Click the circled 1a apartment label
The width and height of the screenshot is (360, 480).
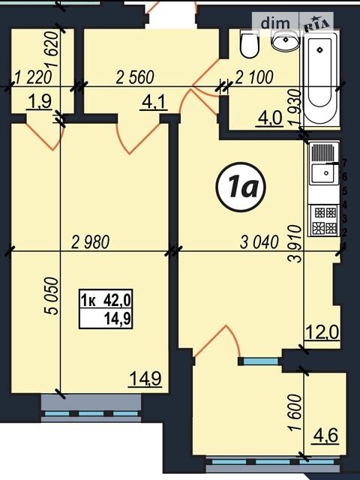[241, 187]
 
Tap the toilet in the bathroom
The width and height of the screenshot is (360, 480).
[249, 43]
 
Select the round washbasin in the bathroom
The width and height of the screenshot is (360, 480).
[286, 40]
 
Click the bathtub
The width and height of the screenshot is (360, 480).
[320, 79]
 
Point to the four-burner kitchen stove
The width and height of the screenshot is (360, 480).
[324, 220]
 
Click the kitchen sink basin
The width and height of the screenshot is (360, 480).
[325, 173]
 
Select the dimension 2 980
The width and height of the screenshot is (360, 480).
[90, 242]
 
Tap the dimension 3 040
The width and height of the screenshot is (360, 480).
[259, 242]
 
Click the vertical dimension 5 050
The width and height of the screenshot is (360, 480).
[51, 296]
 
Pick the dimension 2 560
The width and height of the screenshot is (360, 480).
[135, 77]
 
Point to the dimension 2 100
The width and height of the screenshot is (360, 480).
[253, 77]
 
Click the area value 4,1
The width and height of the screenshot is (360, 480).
[154, 103]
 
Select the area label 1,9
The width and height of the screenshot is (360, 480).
[39, 102]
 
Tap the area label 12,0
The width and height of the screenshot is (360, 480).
[322, 332]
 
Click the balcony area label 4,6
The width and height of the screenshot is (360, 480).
[325, 436]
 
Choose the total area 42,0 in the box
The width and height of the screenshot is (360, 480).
[118, 300]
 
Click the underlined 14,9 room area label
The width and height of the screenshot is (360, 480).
[145, 379]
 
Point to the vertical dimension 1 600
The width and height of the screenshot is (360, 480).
[295, 412]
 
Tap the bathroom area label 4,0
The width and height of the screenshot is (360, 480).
[270, 118]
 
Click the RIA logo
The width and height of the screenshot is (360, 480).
[316, 23]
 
